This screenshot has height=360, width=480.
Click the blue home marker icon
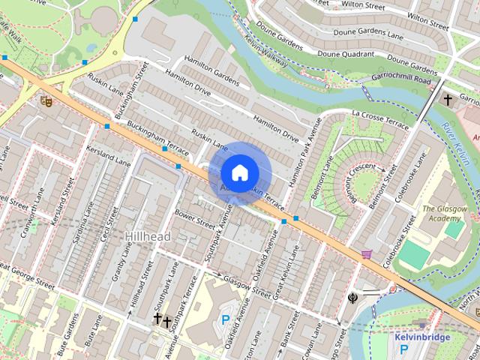click(239, 172)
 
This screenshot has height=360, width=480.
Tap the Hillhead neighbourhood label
click(146, 236)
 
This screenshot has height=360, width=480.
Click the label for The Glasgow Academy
click(445, 214)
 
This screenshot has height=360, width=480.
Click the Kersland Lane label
click(108, 157)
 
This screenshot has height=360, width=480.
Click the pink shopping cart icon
click(366, 255)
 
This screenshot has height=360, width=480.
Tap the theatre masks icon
click(46, 100)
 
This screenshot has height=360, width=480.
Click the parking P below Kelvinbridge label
click(403, 349)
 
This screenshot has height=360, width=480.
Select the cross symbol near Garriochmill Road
click(448, 99)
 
